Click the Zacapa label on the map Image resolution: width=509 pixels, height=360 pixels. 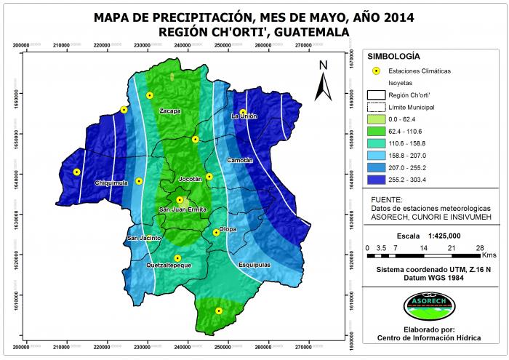click(170, 111)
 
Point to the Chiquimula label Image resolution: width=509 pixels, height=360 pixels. click(111, 183)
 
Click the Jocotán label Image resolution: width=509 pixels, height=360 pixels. click(190, 179)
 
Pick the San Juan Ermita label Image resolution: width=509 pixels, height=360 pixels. click(183, 209)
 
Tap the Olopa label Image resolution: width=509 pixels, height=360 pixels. click(228, 228)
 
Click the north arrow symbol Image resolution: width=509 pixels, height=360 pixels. click(323, 81)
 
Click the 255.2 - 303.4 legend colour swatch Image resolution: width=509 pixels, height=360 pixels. click(376, 180)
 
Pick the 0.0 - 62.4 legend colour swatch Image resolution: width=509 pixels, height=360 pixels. click(376, 119)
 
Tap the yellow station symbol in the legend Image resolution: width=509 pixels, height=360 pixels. click(376, 71)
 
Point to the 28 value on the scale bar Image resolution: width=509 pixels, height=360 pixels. click(480, 248)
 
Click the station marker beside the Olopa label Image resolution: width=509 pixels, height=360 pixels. click(216, 232)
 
